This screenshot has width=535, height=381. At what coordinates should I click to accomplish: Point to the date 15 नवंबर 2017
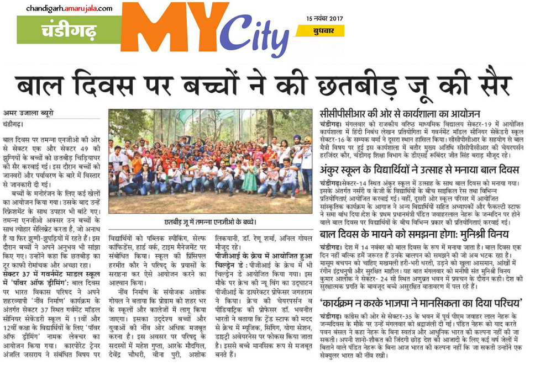[x=324, y=18]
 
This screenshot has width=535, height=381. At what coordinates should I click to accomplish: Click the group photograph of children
[x=210, y=160]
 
